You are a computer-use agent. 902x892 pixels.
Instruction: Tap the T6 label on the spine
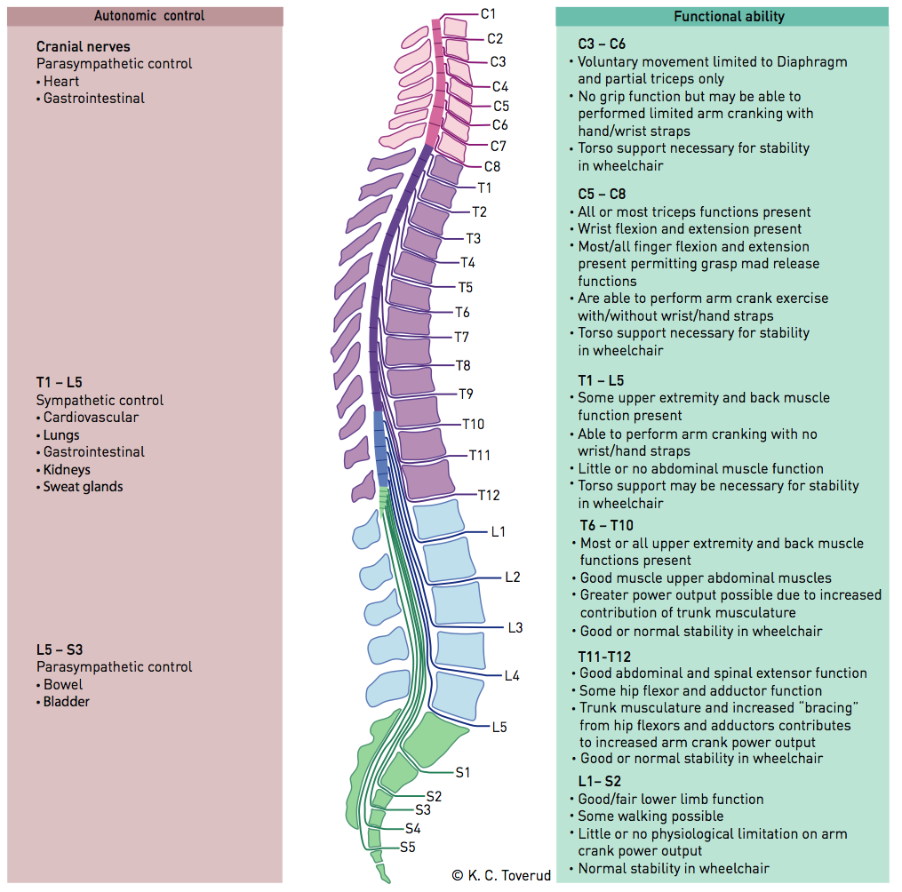pos(462,312)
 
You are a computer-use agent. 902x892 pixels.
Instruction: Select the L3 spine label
pos(515,627)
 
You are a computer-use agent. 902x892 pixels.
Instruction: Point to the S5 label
pos(407,847)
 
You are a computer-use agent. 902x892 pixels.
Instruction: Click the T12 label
pos(489,495)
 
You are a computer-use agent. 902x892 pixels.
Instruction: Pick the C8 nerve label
pos(492,166)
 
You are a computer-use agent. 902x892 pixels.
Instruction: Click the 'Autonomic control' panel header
pos(149,16)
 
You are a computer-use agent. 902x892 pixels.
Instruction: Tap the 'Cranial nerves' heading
pos(83,46)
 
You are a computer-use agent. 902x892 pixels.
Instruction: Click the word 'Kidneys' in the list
pos(67,469)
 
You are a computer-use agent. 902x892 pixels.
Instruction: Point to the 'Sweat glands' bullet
pos(83,487)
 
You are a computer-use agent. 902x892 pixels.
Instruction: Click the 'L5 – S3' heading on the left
pos(60,649)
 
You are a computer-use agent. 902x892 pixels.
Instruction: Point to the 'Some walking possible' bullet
pos(651,816)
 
